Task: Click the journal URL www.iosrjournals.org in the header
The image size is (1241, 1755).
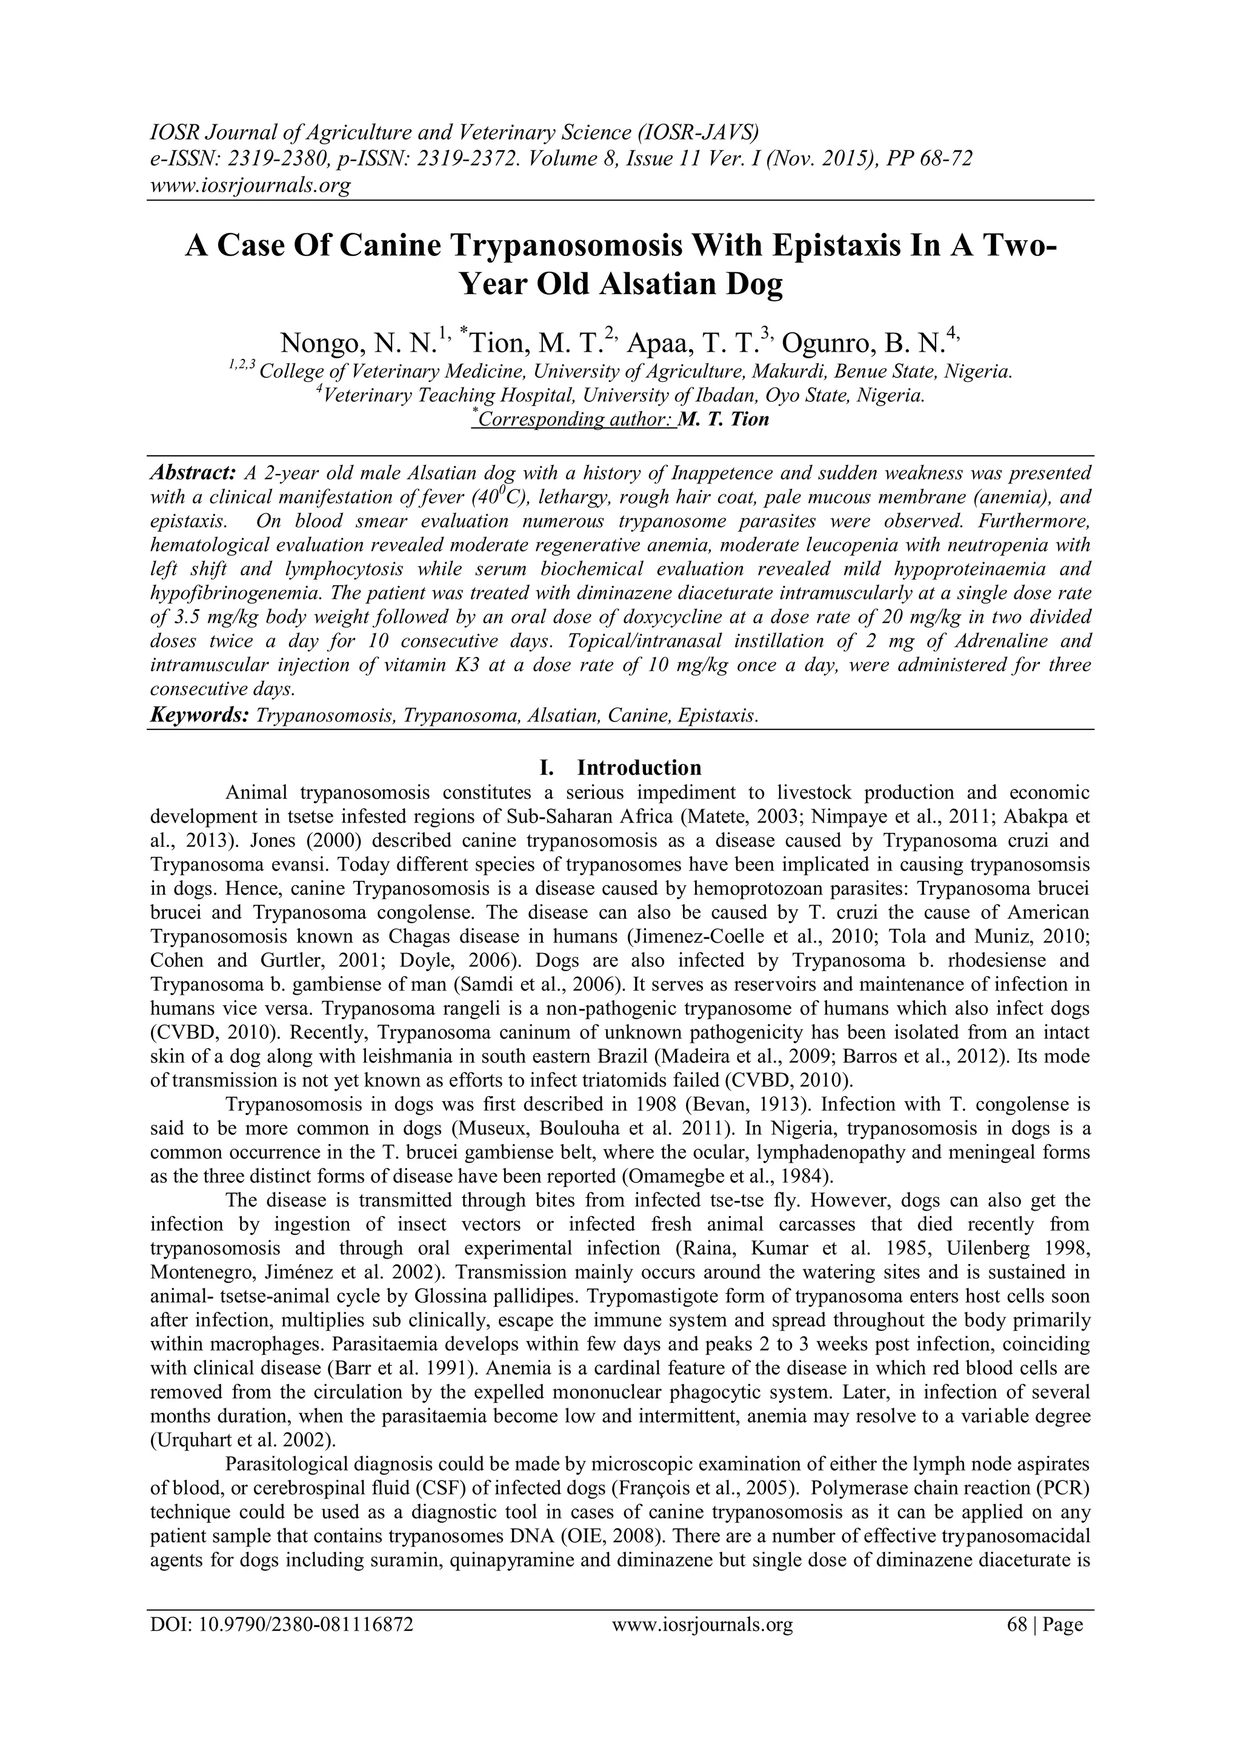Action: click(249, 185)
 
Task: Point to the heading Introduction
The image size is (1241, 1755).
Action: click(639, 767)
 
